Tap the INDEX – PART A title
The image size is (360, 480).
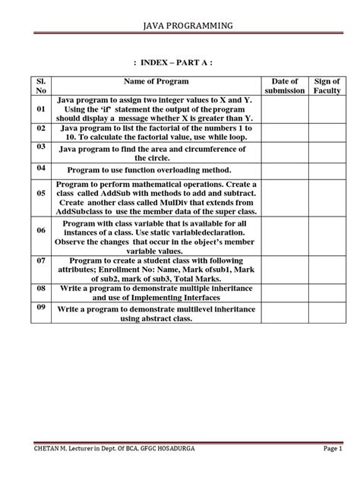pyautogui.click(x=179, y=62)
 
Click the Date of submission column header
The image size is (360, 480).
pyautogui.click(x=286, y=86)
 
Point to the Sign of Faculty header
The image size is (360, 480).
pyautogui.click(x=327, y=86)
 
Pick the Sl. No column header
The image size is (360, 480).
pyautogui.click(x=41, y=86)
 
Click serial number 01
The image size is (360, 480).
pyautogui.click(x=41, y=109)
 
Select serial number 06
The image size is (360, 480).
pyautogui.click(x=41, y=229)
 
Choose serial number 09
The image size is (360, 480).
pyautogui.click(x=41, y=308)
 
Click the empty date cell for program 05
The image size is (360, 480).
pyautogui.click(x=286, y=199)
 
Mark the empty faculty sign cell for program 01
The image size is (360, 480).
pyautogui.click(x=327, y=109)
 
